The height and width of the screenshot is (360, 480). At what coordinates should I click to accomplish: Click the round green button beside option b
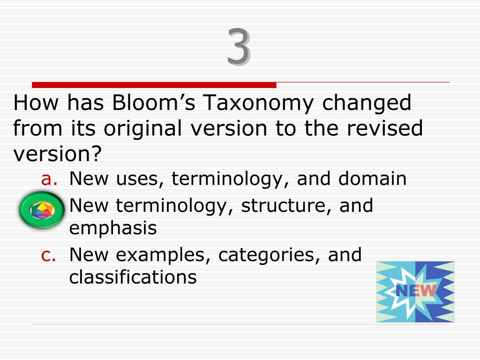click(x=42, y=210)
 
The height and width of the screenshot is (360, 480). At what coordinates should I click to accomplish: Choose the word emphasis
click(x=112, y=229)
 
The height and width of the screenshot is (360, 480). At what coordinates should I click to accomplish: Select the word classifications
click(x=133, y=277)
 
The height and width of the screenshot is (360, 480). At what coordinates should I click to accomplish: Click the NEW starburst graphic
click(x=415, y=292)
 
